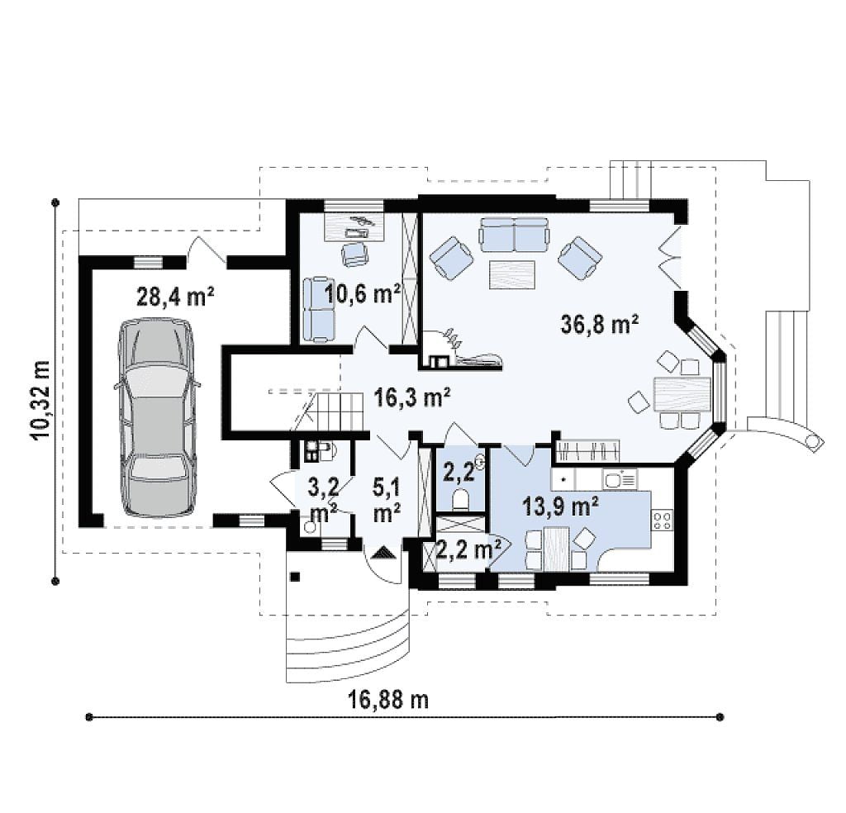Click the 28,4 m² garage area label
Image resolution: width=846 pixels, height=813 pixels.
(x=175, y=297)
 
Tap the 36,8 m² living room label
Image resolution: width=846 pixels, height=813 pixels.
(x=600, y=324)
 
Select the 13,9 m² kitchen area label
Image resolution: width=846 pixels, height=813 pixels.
(x=560, y=506)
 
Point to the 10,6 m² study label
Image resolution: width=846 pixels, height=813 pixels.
(x=363, y=295)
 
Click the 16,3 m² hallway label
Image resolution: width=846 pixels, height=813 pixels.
(x=412, y=399)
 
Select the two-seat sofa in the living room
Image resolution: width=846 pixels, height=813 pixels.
(x=514, y=235)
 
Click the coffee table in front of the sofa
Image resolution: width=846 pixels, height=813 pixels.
(x=512, y=275)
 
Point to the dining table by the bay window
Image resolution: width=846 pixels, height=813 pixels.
(x=682, y=394)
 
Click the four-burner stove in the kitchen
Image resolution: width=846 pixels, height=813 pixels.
(x=663, y=520)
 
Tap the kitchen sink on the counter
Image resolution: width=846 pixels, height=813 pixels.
(x=620, y=479)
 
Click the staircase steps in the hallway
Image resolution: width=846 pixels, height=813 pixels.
(x=331, y=411)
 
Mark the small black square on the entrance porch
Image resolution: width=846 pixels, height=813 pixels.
(x=295, y=577)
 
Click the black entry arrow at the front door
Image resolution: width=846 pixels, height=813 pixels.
(x=383, y=554)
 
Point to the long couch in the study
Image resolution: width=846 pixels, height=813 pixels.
(x=318, y=309)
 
